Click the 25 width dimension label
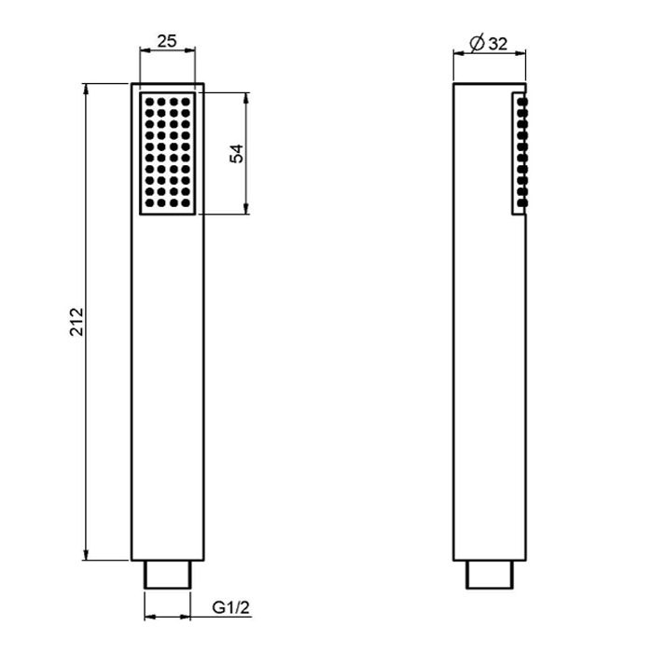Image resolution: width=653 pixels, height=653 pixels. point(167,41)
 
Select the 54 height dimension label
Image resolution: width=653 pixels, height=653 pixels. point(237,154)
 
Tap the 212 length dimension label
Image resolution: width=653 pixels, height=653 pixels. point(76,322)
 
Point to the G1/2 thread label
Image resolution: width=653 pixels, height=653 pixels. point(230,607)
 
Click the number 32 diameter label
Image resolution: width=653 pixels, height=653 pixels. point(498,44)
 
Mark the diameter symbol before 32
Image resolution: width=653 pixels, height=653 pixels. point(478,43)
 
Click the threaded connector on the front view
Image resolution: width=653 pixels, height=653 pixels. point(167,575)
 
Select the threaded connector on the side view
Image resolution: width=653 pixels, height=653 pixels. point(490,575)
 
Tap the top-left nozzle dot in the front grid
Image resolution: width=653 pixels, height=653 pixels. point(149,102)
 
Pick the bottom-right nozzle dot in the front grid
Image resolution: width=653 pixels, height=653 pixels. point(186,203)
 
